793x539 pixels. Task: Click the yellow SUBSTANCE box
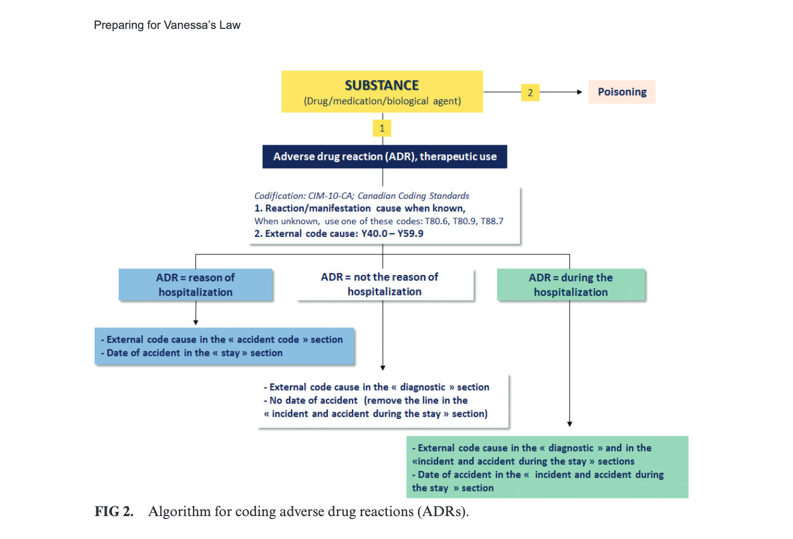382,92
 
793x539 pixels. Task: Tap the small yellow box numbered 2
530,93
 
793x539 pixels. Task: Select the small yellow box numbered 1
382,127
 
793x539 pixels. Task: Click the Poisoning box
621,92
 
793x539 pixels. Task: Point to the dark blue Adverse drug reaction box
384,157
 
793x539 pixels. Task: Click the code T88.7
491,221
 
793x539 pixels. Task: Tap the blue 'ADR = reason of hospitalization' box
195,285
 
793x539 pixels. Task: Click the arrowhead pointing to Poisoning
580,93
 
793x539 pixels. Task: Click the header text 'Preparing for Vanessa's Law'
167,25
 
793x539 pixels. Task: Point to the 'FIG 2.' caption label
113,512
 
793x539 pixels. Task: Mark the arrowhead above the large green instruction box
569,424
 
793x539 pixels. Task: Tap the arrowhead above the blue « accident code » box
196,323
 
